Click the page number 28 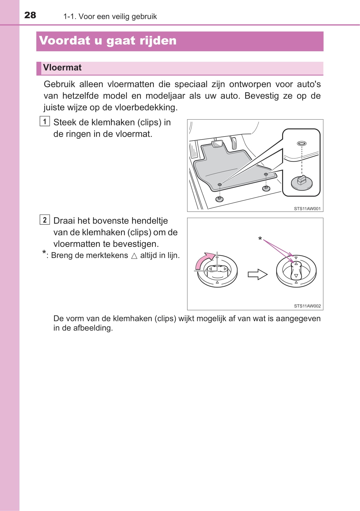[x=30, y=15]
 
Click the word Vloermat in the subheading [x=62, y=68]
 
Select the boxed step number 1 [x=45, y=121]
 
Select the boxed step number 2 [x=45, y=220]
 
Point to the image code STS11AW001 [x=307, y=209]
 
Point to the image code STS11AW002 [x=307, y=306]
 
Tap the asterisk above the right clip [x=260, y=239]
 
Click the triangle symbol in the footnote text [x=134, y=256]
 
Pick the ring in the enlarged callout [x=301, y=143]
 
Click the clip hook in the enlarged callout [x=302, y=181]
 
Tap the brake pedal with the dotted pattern [x=218, y=144]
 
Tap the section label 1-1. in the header [x=70, y=16]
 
